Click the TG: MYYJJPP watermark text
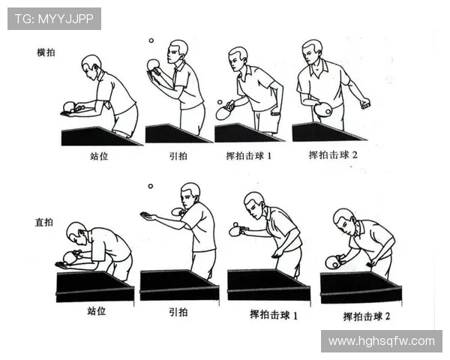click(x=53, y=18)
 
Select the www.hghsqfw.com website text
click(x=381, y=341)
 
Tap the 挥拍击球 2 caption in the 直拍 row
click(x=367, y=316)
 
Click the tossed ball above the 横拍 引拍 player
click(x=150, y=40)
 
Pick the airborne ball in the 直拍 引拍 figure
click(x=150, y=186)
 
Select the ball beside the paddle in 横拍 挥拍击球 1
click(x=219, y=102)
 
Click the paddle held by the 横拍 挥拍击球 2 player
click(x=323, y=109)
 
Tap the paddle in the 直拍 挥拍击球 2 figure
click(x=331, y=262)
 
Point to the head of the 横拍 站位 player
click(x=91, y=63)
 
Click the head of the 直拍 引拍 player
click(x=190, y=192)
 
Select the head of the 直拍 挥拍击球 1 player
click(x=254, y=202)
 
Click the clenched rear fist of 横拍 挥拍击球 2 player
click(x=364, y=103)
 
